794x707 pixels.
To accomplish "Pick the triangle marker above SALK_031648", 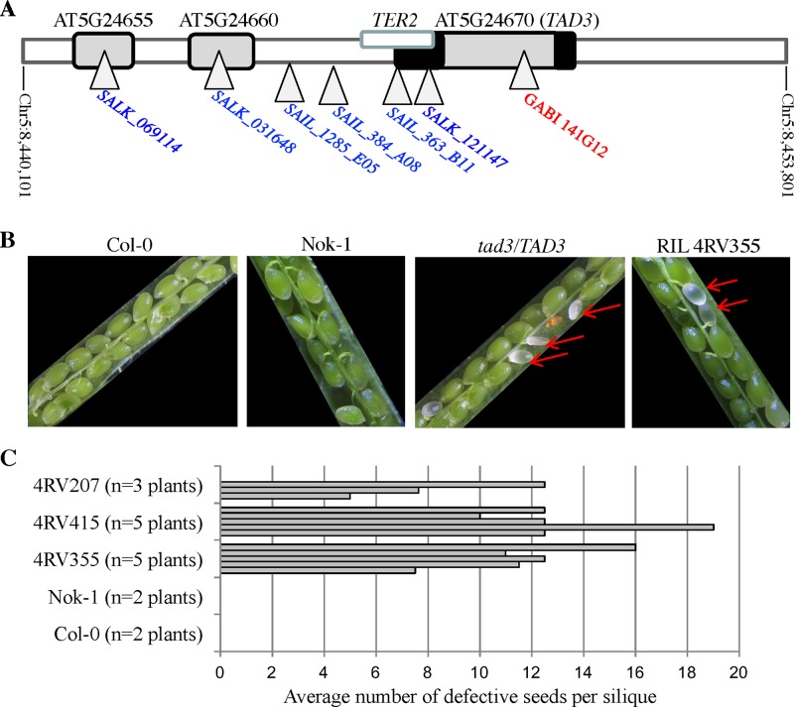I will pyautogui.click(x=218, y=74).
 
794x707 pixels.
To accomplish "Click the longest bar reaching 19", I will pyautogui.click(x=466, y=527).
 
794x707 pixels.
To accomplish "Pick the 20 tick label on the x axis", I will pyautogui.click(x=738, y=669).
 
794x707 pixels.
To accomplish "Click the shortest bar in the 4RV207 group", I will pyautogui.click(x=285, y=496).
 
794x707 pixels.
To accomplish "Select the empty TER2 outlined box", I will pyautogui.click(x=397, y=39).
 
